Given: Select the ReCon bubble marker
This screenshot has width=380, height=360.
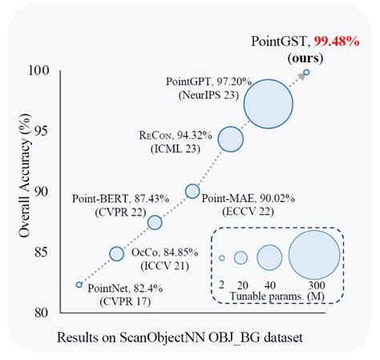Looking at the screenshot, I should (x=231, y=139).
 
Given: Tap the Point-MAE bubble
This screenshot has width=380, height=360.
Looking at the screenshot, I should (x=192, y=191).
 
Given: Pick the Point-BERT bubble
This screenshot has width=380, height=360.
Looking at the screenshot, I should (x=155, y=222).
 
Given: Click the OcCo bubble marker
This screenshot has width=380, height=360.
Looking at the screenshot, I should (x=116, y=253).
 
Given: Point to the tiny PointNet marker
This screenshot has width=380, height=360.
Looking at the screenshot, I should (x=79, y=284).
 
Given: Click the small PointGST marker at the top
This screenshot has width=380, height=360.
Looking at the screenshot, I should (x=306, y=71).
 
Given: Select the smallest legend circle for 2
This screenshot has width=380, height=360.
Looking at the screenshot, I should (x=222, y=257).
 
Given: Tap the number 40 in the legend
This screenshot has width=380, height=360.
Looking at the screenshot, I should (x=270, y=285).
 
